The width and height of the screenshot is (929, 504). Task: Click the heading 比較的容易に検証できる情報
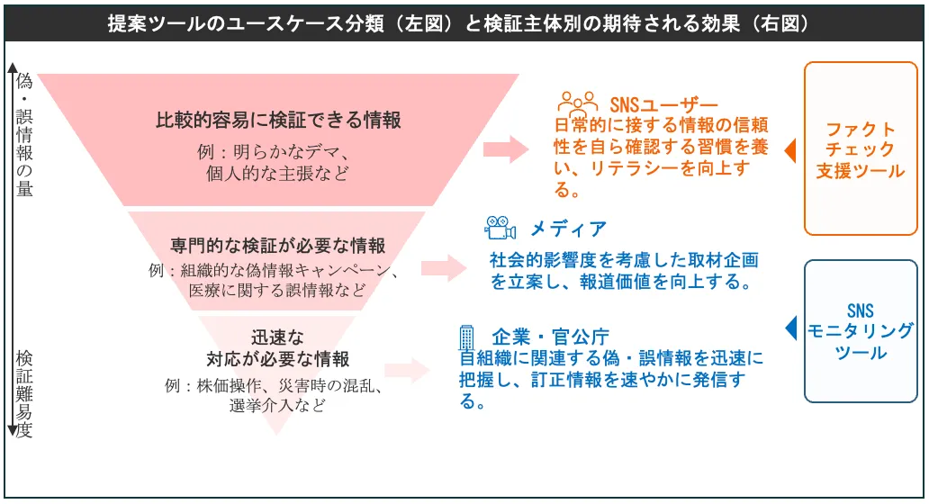[278, 120]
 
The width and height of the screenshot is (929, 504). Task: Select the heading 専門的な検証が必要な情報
[277, 245]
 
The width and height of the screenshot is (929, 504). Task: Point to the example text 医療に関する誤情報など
[277, 291]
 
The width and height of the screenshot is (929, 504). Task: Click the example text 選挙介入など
[277, 406]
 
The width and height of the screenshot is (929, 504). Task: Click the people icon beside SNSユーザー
[577, 101]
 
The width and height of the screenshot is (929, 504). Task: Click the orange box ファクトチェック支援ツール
[860, 148]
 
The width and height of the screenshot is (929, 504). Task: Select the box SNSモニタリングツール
[860, 330]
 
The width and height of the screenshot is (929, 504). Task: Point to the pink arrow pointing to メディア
[444, 266]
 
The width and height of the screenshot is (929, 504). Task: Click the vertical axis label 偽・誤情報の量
[24, 135]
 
